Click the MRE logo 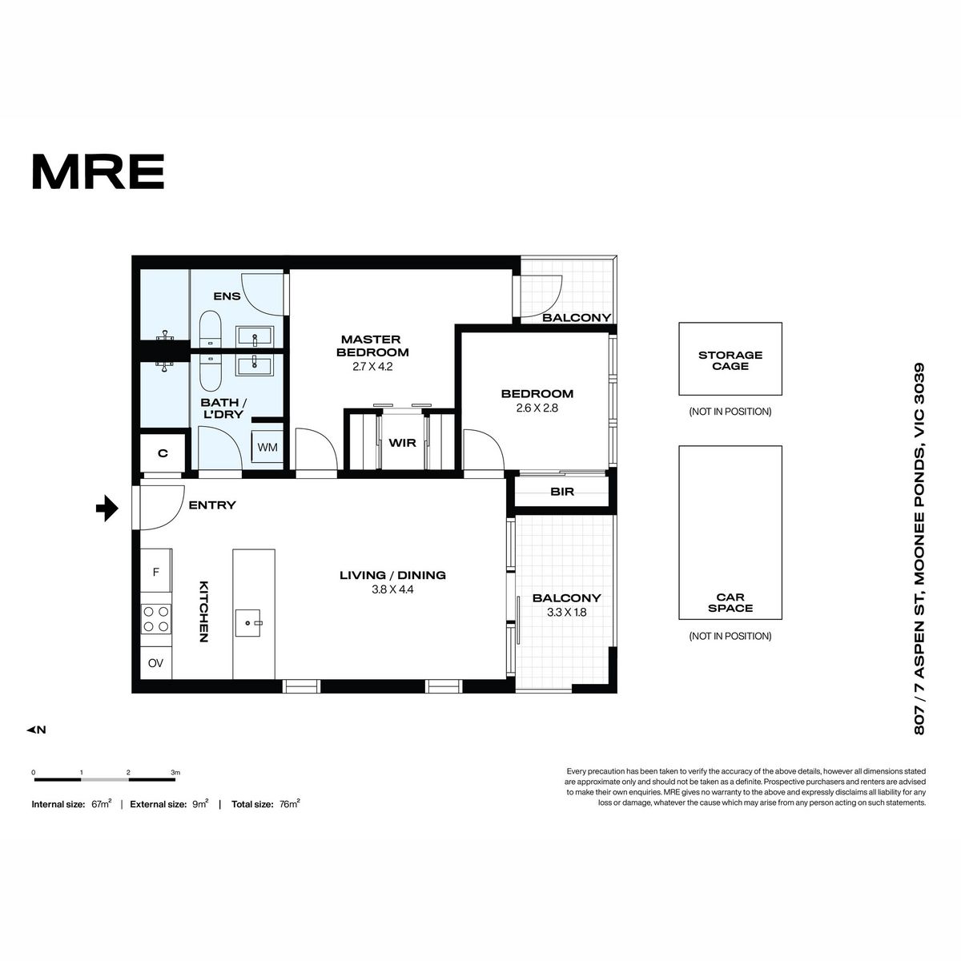click(99, 171)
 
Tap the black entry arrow click(107, 509)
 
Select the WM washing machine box click(267, 447)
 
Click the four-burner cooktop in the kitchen click(156, 619)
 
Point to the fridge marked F click(156, 572)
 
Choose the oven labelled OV click(155, 663)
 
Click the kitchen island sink click(247, 622)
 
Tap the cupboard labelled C click(163, 453)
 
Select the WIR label click(402, 444)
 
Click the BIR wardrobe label click(562, 492)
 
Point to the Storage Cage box click(730, 359)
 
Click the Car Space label click(730, 602)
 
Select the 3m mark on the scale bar click(175, 773)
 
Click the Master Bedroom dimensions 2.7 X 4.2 click(372, 367)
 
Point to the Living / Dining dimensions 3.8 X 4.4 click(392, 589)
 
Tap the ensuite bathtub click(211, 330)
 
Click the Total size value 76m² click(289, 804)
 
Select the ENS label click(227, 296)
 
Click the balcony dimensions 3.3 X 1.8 click(566, 613)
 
